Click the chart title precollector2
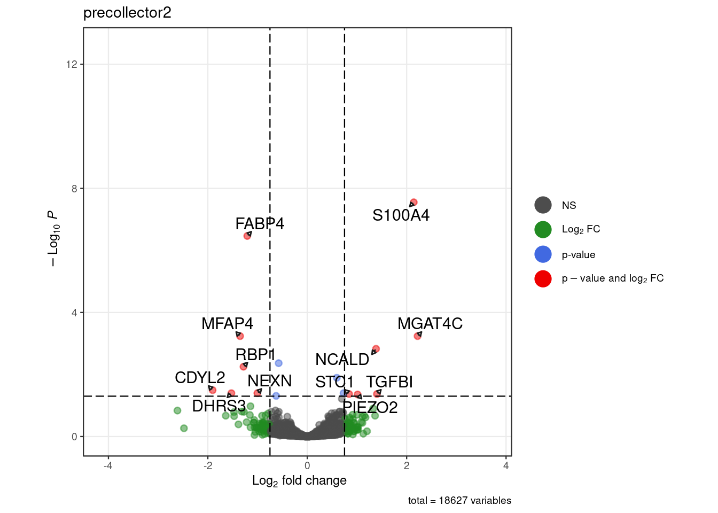(x=127, y=13)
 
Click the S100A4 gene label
(x=401, y=215)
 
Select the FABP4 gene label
(x=260, y=223)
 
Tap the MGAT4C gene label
(x=430, y=324)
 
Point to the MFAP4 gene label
(x=227, y=324)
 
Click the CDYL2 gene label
(x=200, y=378)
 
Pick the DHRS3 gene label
(x=218, y=406)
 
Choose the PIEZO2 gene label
(x=370, y=408)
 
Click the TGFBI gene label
(x=389, y=382)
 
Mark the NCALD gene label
(x=342, y=360)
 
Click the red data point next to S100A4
(x=413, y=203)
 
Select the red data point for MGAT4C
(x=418, y=336)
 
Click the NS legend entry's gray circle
(x=543, y=205)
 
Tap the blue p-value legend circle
(x=543, y=254)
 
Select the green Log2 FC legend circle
(x=543, y=229)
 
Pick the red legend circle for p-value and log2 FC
(x=543, y=278)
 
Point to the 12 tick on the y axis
(x=72, y=64)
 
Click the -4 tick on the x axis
(x=108, y=465)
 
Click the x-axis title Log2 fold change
(x=299, y=480)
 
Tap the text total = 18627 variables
(x=459, y=501)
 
